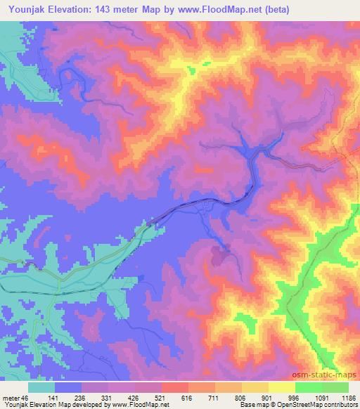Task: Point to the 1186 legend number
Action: click(347, 397)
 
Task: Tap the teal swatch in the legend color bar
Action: click(41, 387)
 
